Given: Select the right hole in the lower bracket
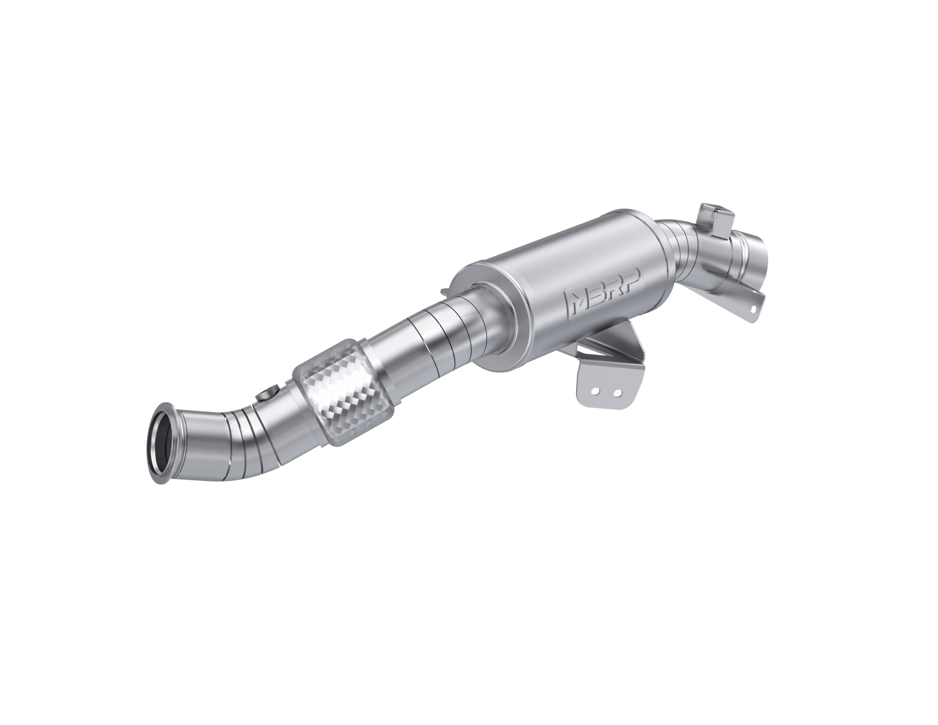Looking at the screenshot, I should tap(617, 393).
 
